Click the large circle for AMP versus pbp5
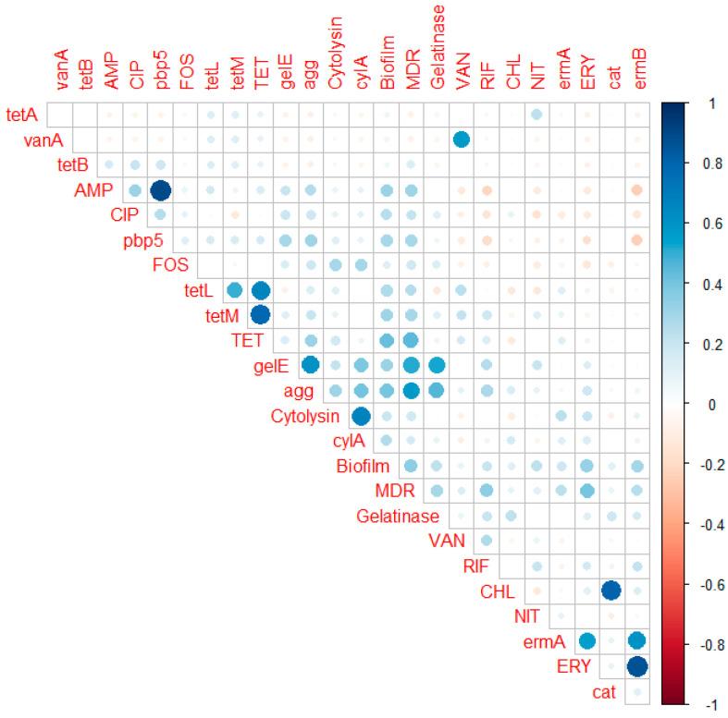click(160, 190)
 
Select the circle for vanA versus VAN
click(462, 140)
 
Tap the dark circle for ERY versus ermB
click(637, 665)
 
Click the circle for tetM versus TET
click(260, 315)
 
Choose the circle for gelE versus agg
click(311, 365)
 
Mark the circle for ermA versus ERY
click(586, 640)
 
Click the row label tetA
click(23, 115)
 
